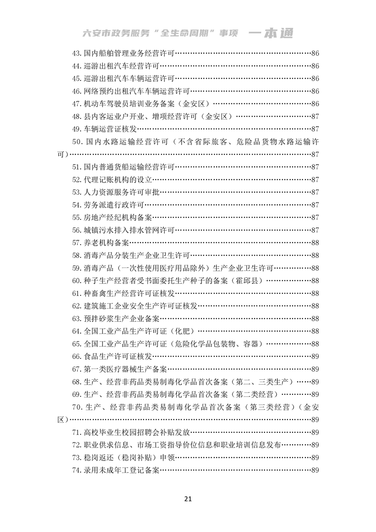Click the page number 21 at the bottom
coord(188,498)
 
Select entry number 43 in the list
coord(77,53)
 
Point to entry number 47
coord(77,103)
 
